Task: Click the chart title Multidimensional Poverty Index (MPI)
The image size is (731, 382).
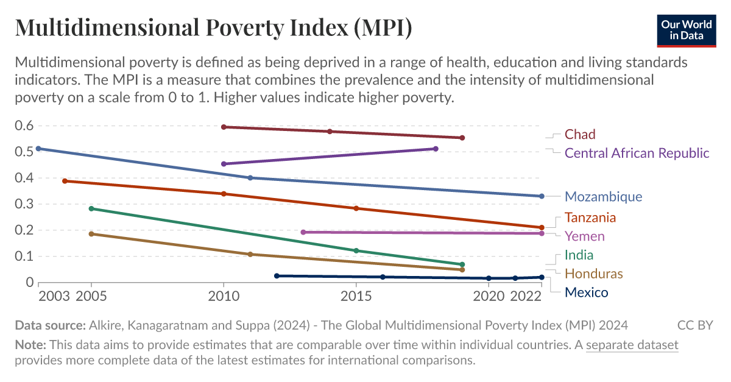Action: [x=213, y=28]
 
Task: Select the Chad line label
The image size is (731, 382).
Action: [x=579, y=134]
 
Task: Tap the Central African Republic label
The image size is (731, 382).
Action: [x=637, y=153]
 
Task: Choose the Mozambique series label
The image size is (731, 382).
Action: [x=603, y=196]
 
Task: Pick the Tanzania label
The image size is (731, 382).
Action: [x=590, y=218]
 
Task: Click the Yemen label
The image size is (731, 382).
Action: [x=584, y=236]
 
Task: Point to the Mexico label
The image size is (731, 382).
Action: [x=586, y=292]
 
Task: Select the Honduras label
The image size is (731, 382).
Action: [x=593, y=274]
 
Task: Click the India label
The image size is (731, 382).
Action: [x=579, y=255]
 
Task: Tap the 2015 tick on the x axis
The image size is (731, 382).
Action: [x=356, y=296]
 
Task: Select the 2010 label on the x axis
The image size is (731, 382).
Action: [x=224, y=296]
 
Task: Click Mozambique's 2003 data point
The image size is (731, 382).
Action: [x=38, y=149]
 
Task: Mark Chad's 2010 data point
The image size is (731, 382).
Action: [x=224, y=127]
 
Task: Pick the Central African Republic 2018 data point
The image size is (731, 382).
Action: [x=436, y=149]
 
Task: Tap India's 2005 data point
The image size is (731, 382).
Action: [x=91, y=208]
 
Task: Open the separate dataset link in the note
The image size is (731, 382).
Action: [x=632, y=345]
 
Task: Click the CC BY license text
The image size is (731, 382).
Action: [x=694, y=325]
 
